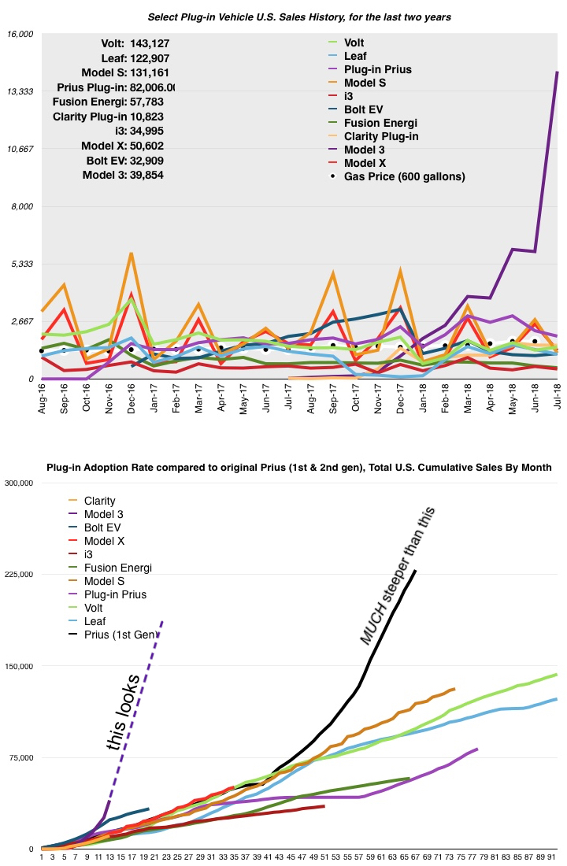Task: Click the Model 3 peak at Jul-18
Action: click(x=558, y=72)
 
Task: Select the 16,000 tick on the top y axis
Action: click(x=20, y=34)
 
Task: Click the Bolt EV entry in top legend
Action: click(x=369, y=109)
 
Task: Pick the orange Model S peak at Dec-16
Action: click(x=132, y=254)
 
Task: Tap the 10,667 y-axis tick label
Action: click(x=20, y=149)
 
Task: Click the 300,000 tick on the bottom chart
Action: click(x=18, y=483)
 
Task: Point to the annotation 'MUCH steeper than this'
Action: click(x=398, y=575)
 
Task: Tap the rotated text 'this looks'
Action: click(x=125, y=712)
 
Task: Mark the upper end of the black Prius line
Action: click(x=416, y=571)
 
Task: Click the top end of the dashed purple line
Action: click(x=162, y=621)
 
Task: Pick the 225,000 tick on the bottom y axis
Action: click(x=18, y=575)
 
